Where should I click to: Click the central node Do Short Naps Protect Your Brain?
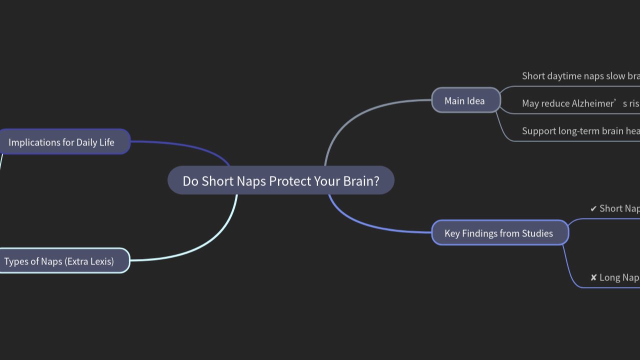(x=280, y=180)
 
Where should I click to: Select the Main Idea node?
(x=465, y=100)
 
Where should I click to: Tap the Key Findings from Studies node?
(x=499, y=233)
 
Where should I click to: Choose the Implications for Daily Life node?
(x=62, y=142)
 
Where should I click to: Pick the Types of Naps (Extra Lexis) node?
(x=59, y=261)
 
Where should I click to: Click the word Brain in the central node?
(x=361, y=181)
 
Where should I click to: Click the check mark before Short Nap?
(x=593, y=208)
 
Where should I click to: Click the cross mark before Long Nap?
(x=593, y=277)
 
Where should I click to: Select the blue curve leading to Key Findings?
(x=365, y=225)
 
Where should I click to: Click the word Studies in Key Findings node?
(x=537, y=233)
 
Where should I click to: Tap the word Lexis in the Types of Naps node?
(x=99, y=261)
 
